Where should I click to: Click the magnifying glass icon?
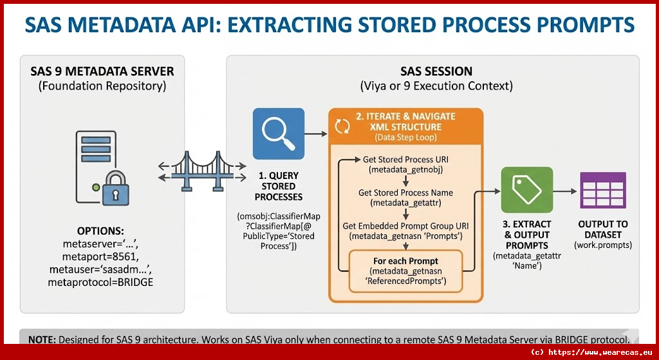pyautogui.click(x=278, y=134)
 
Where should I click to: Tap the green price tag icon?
pyautogui.click(x=526, y=190)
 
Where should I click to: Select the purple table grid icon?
pyautogui.click(x=602, y=190)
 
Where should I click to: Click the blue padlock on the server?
pyautogui.click(x=116, y=188)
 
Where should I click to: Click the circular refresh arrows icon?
pyautogui.click(x=342, y=126)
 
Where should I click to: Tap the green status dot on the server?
pyautogui.click(x=97, y=187)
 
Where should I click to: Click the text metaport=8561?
pyautogui.click(x=100, y=256)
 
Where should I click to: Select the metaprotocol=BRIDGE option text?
pyautogui.click(x=100, y=282)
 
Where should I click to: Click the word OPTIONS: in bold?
pyautogui.click(x=100, y=231)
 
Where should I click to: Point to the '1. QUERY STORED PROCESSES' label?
pyautogui.click(x=278, y=186)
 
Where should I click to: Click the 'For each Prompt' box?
pyautogui.click(x=405, y=271)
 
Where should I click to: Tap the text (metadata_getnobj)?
pyautogui.click(x=405, y=170)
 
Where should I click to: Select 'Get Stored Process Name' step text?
pyautogui.click(x=405, y=193)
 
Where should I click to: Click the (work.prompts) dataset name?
pyautogui.click(x=602, y=245)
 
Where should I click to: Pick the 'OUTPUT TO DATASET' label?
pyautogui.click(x=602, y=229)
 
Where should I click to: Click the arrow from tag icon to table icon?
pyautogui.click(x=565, y=191)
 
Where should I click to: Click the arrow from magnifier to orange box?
pyautogui.click(x=315, y=134)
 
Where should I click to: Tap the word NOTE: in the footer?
pyautogui.click(x=42, y=339)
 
